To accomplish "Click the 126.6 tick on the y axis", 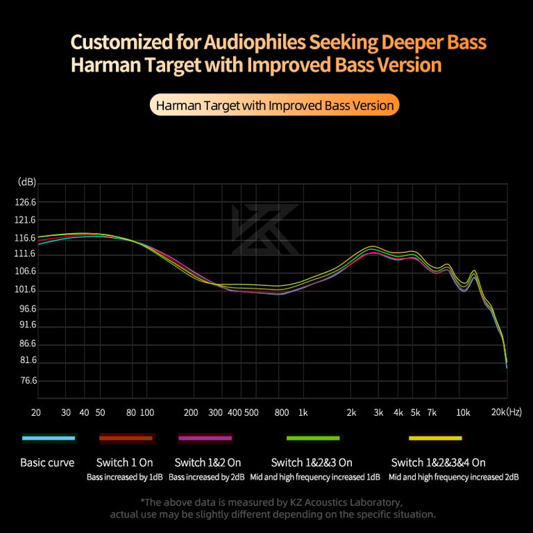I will point(26,203).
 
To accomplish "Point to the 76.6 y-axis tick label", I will point(26,380).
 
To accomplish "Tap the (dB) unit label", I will point(26,183).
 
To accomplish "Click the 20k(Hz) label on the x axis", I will point(507,412).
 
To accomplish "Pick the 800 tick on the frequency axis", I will point(281,412).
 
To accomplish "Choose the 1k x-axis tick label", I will point(303,412).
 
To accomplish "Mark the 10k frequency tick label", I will point(463,412).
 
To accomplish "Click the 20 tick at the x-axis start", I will point(36,412).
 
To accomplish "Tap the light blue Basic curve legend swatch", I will point(48,438).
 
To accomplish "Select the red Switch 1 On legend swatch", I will point(126,438).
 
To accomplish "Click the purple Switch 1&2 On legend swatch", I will point(205,438).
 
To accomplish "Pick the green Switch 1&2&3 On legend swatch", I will point(313,438).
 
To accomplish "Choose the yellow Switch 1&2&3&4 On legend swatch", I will point(435,438).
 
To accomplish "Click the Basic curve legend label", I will point(47,462).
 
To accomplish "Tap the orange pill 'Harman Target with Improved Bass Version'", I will point(275,106).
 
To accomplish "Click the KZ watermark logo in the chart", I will point(265,229).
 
